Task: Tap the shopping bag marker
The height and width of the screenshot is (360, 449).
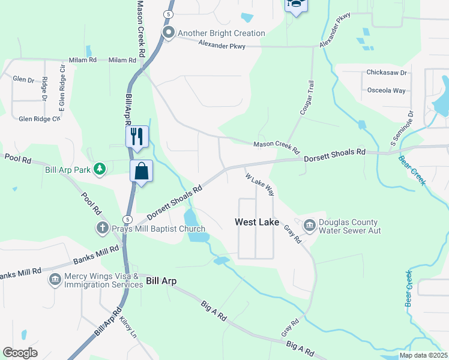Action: pos(141,171)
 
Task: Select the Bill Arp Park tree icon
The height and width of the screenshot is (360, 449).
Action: pos(100,170)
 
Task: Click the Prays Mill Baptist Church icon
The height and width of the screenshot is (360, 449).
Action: pos(103,229)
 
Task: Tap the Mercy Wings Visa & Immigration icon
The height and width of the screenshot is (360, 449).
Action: pos(55,280)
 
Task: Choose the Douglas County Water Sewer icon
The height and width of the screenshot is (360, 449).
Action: pos(310,226)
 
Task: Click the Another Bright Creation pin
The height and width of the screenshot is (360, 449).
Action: pos(169,33)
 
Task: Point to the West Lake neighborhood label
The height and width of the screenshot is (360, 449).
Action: pos(256,222)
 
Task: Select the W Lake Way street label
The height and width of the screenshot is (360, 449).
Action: pos(260,184)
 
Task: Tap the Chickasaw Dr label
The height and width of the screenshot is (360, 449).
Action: pos(386,73)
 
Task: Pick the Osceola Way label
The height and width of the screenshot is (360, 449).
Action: pos(386,91)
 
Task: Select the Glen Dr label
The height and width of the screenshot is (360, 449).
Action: pos(23,79)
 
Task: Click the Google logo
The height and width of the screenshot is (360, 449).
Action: pos(20,353)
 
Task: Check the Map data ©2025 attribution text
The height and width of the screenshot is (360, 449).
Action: pos(423,355)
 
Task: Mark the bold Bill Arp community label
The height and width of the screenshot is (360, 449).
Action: pos(161,281)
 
